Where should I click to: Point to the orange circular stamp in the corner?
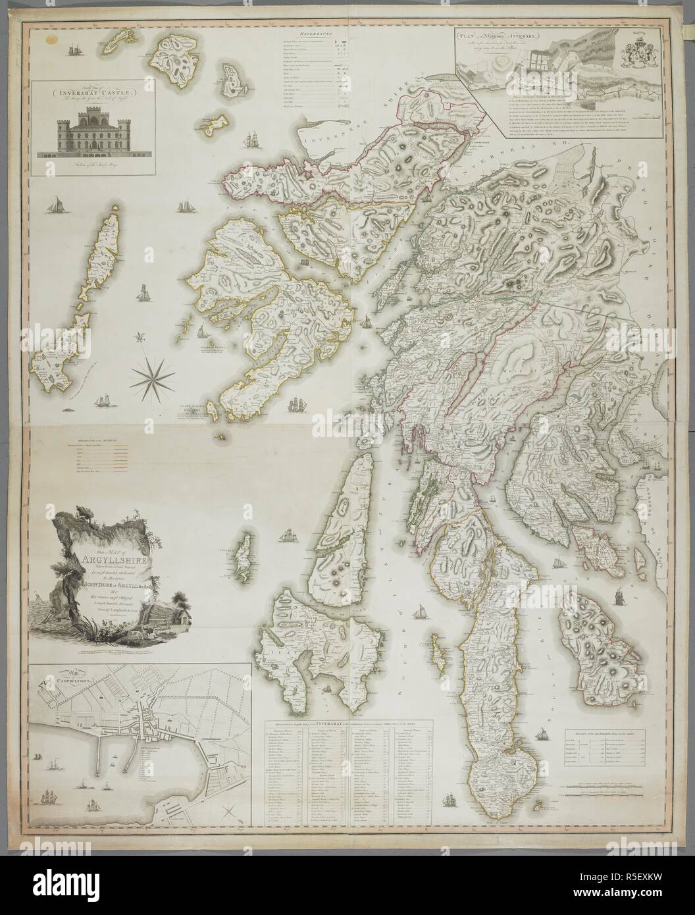pos(47,40)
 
